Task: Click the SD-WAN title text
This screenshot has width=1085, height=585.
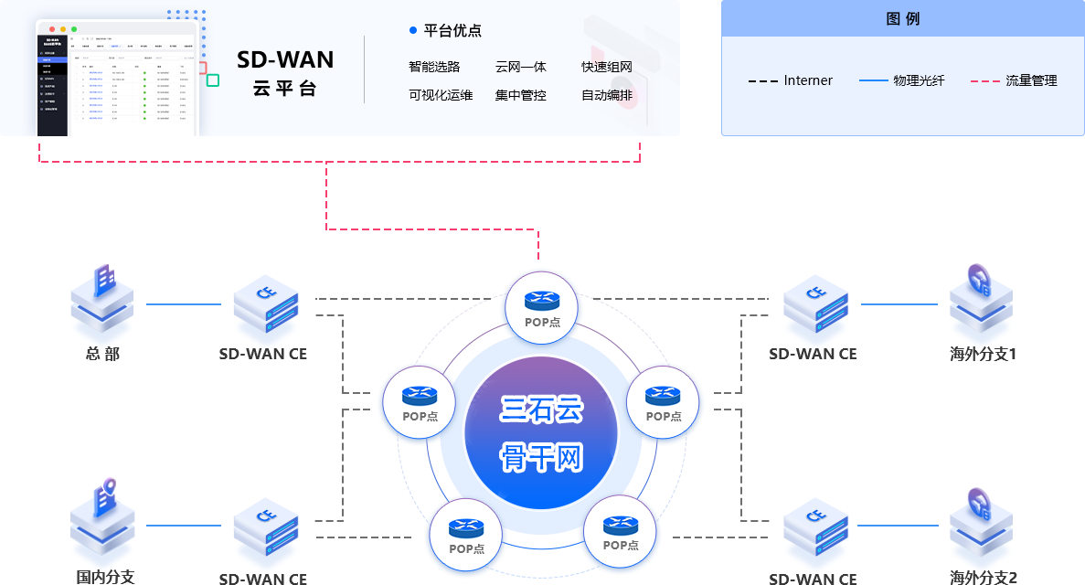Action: [x=285, y=60]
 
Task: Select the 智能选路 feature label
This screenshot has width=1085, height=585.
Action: [x=434, y=67]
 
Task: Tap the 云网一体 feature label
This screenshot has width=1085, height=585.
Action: [x=520, y=67]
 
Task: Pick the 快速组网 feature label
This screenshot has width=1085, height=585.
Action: [x=607, y=67]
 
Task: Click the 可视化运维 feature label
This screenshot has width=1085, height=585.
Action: [x=441, y=95]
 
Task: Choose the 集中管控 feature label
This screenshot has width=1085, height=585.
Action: [x=520, y=95]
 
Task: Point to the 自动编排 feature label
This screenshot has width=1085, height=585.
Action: [x=607, y=95]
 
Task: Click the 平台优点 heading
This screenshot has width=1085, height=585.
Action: [x=452, y=30]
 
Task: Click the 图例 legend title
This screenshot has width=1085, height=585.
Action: [x=902, y=18]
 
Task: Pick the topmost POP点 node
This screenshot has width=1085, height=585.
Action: [x=541, y=307]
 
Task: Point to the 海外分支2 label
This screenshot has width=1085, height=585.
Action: [x=983, y=577]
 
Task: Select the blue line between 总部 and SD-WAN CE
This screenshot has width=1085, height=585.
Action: [x=184, y=304]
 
